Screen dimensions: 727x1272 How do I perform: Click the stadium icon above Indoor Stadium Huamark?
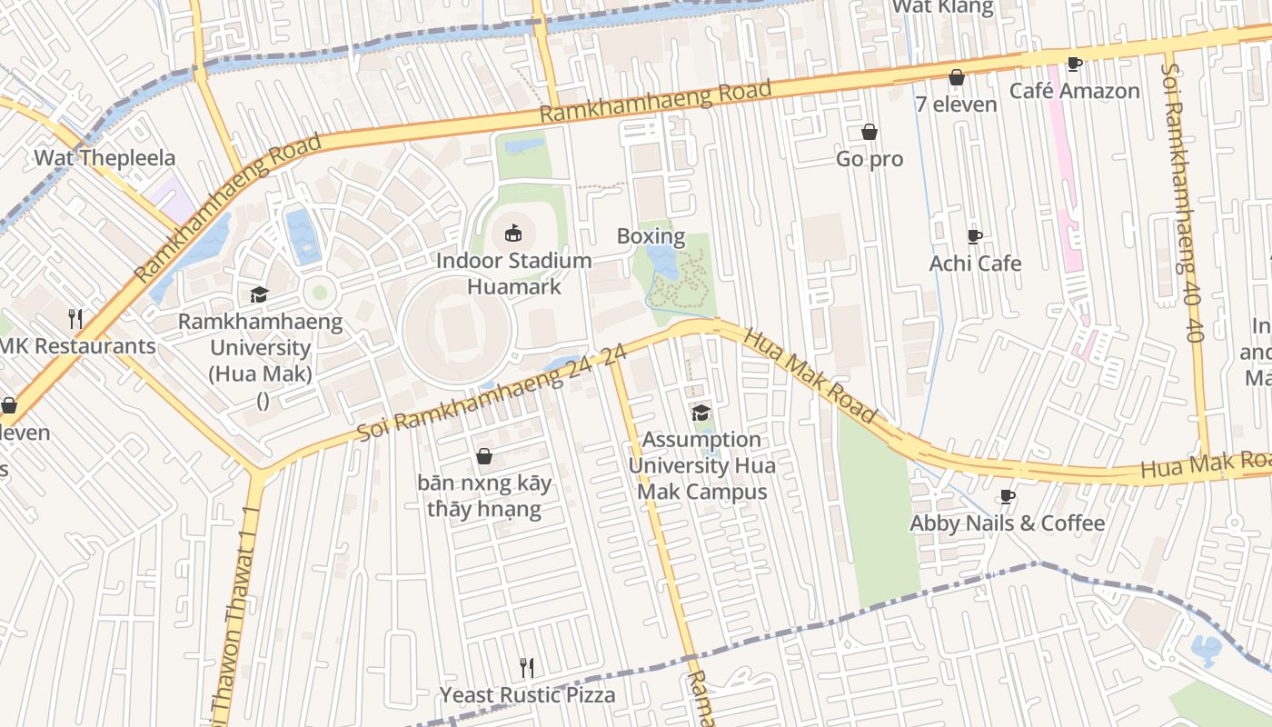tap(513, 234)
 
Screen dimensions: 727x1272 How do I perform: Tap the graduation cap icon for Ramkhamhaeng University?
tap(260, 294)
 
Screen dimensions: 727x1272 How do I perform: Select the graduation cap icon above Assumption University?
tap(701, 413)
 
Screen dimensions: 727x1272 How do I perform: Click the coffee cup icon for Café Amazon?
tap(1075, 64)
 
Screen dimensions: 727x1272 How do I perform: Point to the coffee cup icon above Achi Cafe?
tap(975, 236)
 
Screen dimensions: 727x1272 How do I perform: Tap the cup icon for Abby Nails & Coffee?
tap(1007, 496)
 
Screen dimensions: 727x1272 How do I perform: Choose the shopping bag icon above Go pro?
tap(870, 132)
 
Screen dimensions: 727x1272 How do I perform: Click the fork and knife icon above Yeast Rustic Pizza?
tap(527, 668)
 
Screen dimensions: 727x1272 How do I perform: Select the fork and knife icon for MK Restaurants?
tap(76, 319)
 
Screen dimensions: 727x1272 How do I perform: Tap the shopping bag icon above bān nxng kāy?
tap(484, 455)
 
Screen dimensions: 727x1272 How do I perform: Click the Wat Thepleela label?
tap(104, 158)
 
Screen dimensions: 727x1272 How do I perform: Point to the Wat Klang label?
tap(942, 7)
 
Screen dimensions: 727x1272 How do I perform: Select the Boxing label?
tap(651, 237)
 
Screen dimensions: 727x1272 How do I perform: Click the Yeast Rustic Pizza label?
tap(527, 695)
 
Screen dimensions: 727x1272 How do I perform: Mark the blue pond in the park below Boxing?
tap(662, 264)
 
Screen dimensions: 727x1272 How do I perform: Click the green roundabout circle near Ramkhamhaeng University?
tap(319, 293)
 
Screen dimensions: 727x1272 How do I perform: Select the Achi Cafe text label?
tap(975, 264)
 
